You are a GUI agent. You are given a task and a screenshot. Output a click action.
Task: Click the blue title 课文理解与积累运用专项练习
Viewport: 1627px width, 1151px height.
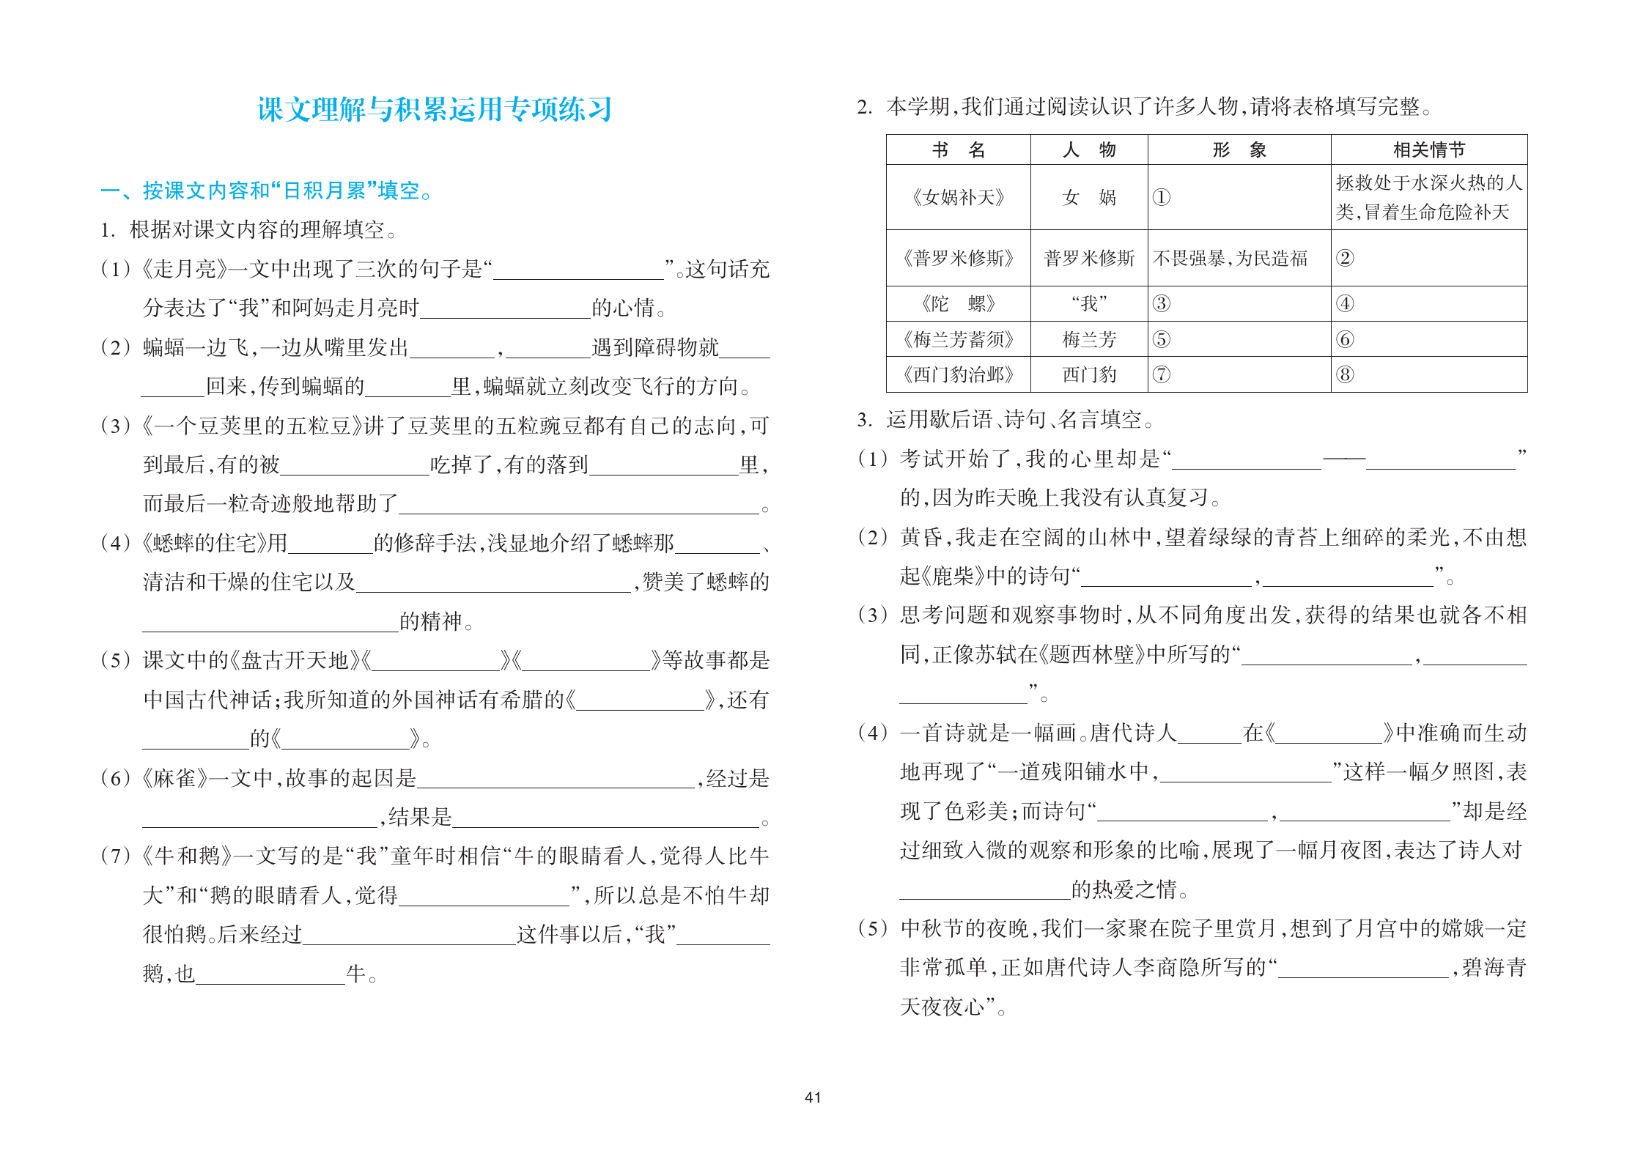[434, 109]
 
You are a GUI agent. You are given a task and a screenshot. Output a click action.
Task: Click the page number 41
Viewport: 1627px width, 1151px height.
[813, 1097]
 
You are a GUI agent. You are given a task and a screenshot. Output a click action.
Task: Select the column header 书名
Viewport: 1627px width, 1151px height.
[958, 150]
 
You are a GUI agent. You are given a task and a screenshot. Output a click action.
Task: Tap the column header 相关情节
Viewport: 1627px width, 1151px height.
[1428, 150]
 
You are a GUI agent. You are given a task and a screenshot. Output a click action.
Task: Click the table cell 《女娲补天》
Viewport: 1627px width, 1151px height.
[958, 197]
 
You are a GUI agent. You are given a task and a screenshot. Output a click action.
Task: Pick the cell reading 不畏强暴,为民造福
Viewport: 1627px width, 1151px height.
[1230, 258]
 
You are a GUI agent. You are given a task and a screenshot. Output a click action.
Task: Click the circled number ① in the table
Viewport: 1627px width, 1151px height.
[1162, 197]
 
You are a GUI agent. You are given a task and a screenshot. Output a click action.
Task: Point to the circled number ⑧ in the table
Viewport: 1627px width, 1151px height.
[1345, 375]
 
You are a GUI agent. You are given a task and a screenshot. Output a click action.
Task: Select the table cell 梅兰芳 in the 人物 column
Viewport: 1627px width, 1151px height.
[1089, 339]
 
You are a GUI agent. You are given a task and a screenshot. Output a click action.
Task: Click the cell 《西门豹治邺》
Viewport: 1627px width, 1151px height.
[958, 375]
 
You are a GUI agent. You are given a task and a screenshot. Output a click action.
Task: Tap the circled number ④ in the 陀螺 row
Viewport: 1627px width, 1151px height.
[1345, 303]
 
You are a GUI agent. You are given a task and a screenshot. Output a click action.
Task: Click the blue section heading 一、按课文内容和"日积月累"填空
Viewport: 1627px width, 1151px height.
[266, 191]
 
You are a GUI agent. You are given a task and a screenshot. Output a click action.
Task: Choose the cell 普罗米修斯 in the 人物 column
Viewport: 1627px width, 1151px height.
[1089, 258]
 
